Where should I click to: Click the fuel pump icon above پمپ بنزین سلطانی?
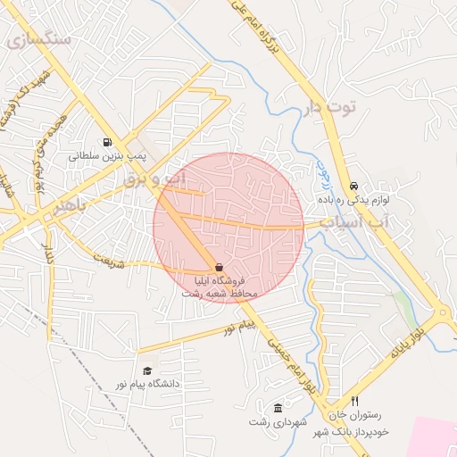pyautogui.click(x=108, y=142)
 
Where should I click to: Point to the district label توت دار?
pyautogui.click(x=329, y=108)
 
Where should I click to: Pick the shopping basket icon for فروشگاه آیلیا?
pyautogui.click(x=220, y=267)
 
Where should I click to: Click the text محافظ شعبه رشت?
pyautogui.click(x=219, y=293)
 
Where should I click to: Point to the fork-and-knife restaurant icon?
pyautogui.click(x=354, y=402)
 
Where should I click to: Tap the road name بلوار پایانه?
pyautogui.click(x=410, y=339)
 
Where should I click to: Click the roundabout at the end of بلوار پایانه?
pyautogui.click(x=442, y=314)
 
